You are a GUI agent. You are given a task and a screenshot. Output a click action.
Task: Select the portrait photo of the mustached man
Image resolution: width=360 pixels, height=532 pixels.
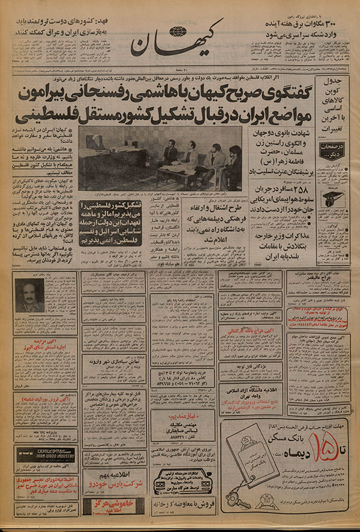pos(29,296)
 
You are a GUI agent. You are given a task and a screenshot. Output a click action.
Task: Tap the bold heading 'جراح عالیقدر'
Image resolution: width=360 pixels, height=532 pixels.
pos(316,278)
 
